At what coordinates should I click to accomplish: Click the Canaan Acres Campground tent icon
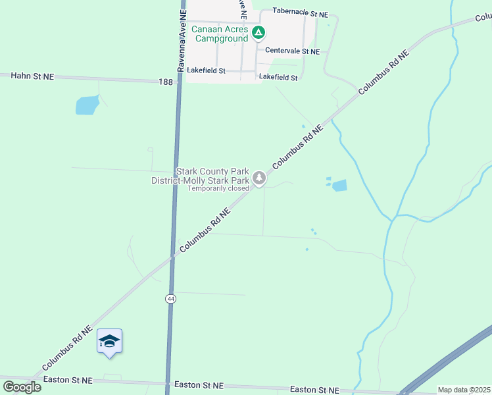(x=258, y=32)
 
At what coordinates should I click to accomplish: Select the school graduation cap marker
(x=109, y=341)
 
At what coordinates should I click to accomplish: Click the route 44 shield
(x=170, y=298)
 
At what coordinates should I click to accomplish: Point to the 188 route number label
(x=166, y=82)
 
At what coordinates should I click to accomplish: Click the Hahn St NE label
(x=32, y=76)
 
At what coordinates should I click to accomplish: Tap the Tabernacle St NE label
(x=300, y=12)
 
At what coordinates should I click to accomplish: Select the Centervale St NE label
(x=292, y=51)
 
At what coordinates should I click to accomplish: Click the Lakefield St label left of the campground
(x=207, y=70)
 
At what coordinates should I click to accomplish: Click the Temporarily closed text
(x=218, y=188)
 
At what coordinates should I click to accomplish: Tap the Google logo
(x=22, y=386)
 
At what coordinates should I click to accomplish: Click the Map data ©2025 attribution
(x=464, y=390)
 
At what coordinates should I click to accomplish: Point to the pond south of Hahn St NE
(x=87, y=105)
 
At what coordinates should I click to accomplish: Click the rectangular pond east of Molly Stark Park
(x=339, y=186)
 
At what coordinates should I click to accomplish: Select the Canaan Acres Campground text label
(x=220, y=34)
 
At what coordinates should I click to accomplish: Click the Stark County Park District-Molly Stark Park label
(x=200, y=176)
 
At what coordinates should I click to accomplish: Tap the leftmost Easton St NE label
(x=68, y=381)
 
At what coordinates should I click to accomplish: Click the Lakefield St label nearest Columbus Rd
(x=278, y=77)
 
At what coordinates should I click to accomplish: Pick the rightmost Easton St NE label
(x=314, y=390)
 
